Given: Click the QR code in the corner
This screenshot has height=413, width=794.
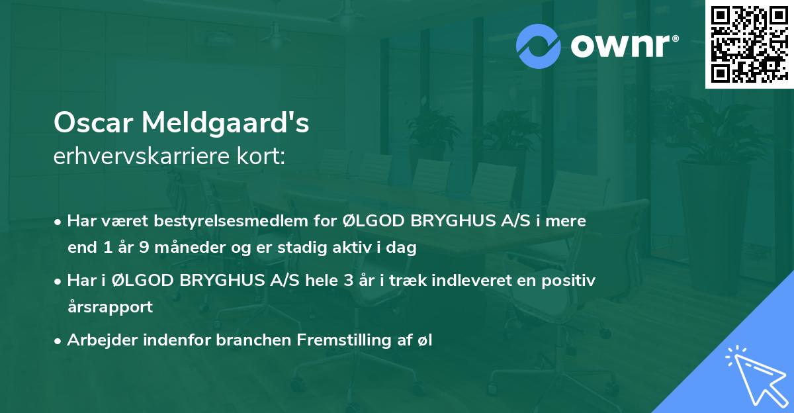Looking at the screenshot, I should [x=748, y=44].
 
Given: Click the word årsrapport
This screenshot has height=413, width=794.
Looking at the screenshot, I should [x=110, y=307].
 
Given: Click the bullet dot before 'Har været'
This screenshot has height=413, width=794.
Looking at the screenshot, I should [x=58, y=222].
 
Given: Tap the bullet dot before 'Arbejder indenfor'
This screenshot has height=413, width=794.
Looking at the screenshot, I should [x=58, y=341].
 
